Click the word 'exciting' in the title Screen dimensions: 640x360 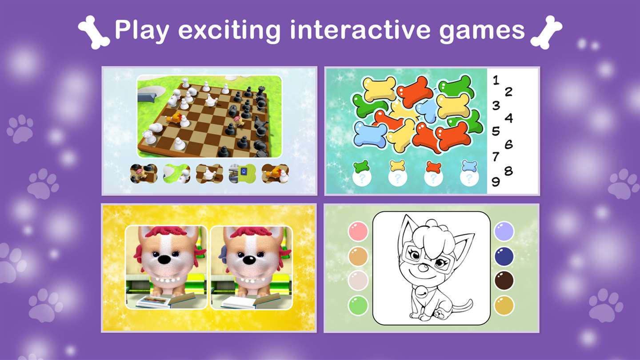pyautogui.click(x=229, y=31)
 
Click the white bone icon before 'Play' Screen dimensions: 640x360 pyautogui.click(x=94, y=32)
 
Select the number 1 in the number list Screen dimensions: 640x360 pyautogui.click(x=496, y=80)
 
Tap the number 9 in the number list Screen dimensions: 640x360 pyautogui.click(x=496, y=181)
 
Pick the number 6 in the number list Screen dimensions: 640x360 pyautogui.click(x=508, y=144)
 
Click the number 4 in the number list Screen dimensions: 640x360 pyautogui.click(x=508, y=118)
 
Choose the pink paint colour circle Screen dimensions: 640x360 pyautogui.click(x=358, y=231)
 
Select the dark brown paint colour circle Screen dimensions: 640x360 pyautogui.click(x=504, y=280)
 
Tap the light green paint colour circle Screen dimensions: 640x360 pyautogui.click(x=358, y=305)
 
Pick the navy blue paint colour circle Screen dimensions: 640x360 pyautogui.click(x=504, y=256)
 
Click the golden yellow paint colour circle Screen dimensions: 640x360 pyautogui.click(x=504, y=305)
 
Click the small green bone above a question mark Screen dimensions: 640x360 pyautogui.click(x=361, y=167)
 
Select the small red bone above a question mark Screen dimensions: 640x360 pyautogui.click(x=433, y=167)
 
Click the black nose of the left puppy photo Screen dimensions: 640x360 pyautogui.click(x=164, y=259)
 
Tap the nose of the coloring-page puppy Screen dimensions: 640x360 pyautogui.click(x=425, y=268)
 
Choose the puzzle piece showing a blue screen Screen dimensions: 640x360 pyautogui.click(x=242, y=173)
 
